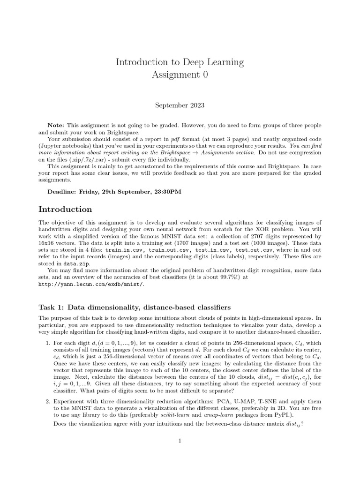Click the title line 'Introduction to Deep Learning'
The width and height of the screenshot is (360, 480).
click(x=180, y=62)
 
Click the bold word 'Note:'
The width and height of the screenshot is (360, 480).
click(x=57, y=126)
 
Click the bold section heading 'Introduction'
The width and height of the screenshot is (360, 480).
click(x=65, y=209)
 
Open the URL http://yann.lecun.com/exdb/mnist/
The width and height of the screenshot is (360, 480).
click(x=92, y=284)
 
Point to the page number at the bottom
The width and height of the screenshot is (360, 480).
click(x=180, y=441)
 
